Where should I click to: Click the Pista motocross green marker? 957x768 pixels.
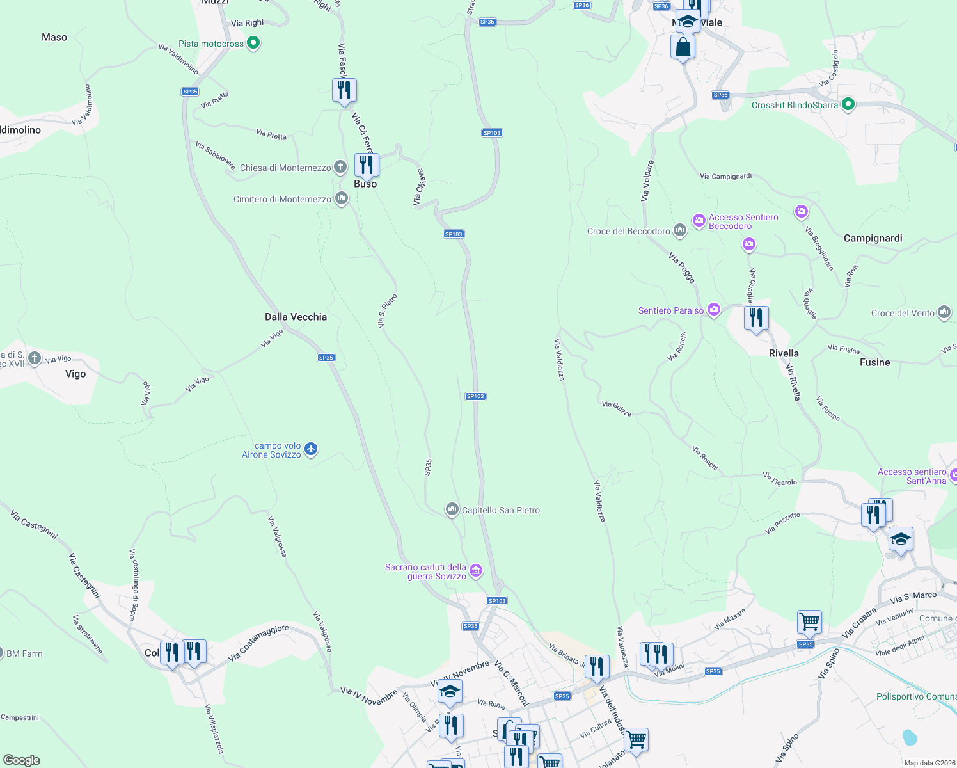253,44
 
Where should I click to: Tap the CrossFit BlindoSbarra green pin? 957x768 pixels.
848,104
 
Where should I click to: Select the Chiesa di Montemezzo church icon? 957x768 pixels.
340,167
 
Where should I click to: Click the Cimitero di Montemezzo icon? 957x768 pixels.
341,198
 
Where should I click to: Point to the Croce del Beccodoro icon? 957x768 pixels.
680,230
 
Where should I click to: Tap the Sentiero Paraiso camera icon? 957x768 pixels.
713,310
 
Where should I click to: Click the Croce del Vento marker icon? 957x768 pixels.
944,312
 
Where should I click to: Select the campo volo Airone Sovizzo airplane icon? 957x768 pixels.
311,449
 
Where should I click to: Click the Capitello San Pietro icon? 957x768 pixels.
452,509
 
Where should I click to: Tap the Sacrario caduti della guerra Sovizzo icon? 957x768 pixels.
475,571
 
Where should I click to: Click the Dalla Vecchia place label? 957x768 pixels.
296,317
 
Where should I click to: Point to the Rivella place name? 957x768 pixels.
784,353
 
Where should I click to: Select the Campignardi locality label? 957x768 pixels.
873,238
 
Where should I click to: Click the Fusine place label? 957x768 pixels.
874,362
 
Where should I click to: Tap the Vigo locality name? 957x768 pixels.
75,374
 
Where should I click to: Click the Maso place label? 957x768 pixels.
54,37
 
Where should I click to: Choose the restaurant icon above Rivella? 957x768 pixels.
756,317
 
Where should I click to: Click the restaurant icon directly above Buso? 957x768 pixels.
367,164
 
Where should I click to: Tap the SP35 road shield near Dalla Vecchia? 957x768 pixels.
326,358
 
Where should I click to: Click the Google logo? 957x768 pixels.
22,760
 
